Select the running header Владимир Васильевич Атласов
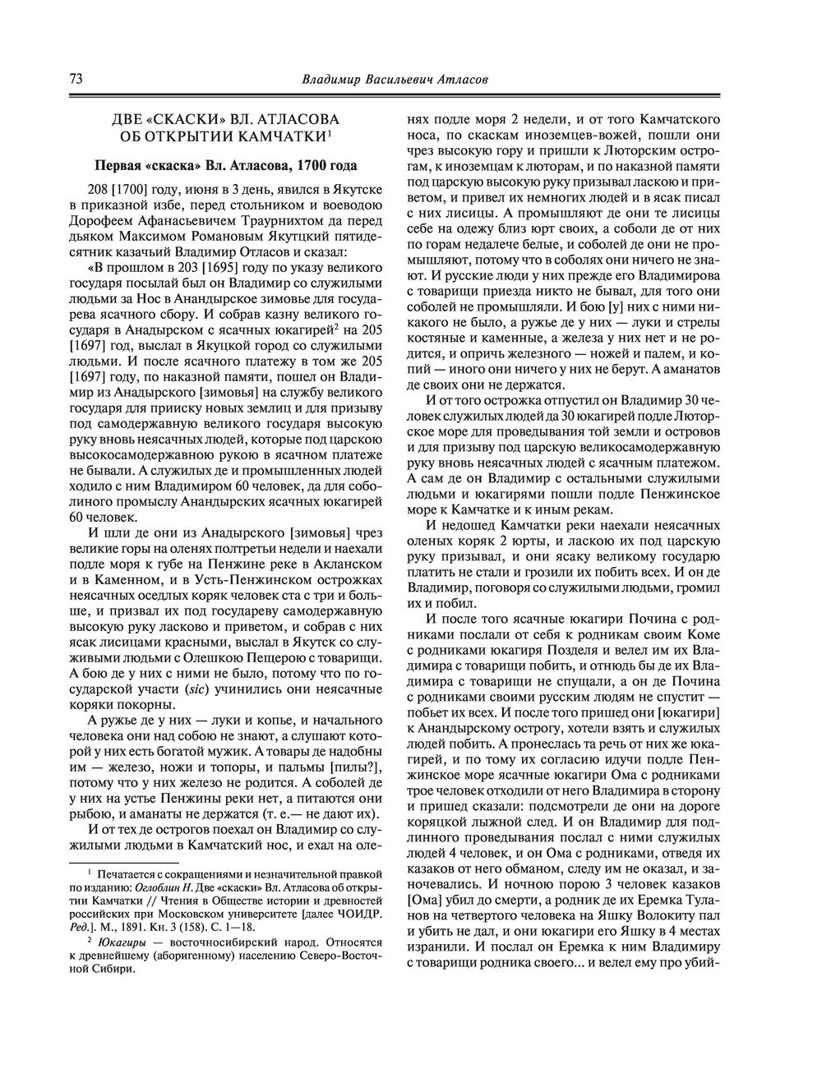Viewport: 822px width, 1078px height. pos(395,81)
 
